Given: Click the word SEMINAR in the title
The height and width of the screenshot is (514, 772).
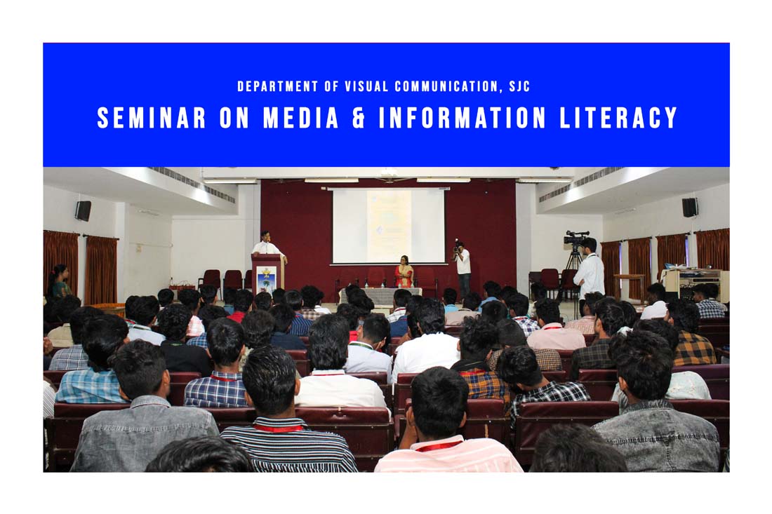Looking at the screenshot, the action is pyautogui.click(x=151, y=118).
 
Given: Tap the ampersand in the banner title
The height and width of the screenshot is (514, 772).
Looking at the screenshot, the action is pyautogui.click(x=359, y=118).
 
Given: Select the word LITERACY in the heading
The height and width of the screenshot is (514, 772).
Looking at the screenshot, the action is pyautogui.click(x=619, y=118).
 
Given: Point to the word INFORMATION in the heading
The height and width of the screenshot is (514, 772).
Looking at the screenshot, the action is pyautogui.click(x=462, y=118).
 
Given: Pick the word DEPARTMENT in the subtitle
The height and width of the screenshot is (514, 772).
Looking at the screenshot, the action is pyautogui.click(x=278, y=86).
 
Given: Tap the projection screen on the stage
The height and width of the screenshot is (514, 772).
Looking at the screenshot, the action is pyautogui.click(x=389, y=226).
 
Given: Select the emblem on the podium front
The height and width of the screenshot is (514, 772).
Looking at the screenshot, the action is pyautogui.click(x=267, y=279).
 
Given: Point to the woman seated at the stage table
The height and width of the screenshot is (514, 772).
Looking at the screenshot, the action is pyautogui.click(x=404, y=272).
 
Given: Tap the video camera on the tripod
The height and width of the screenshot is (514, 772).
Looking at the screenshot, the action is pyautogui.click(x=576, y=238).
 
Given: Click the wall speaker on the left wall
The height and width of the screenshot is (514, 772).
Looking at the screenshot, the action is pyautogui.click(x=83, y=210).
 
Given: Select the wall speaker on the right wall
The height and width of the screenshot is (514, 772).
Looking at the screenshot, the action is pyautogui.click(x=691, y=208).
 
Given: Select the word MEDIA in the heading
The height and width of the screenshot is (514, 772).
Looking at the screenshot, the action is pyautogui.click(x=301, y=118).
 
